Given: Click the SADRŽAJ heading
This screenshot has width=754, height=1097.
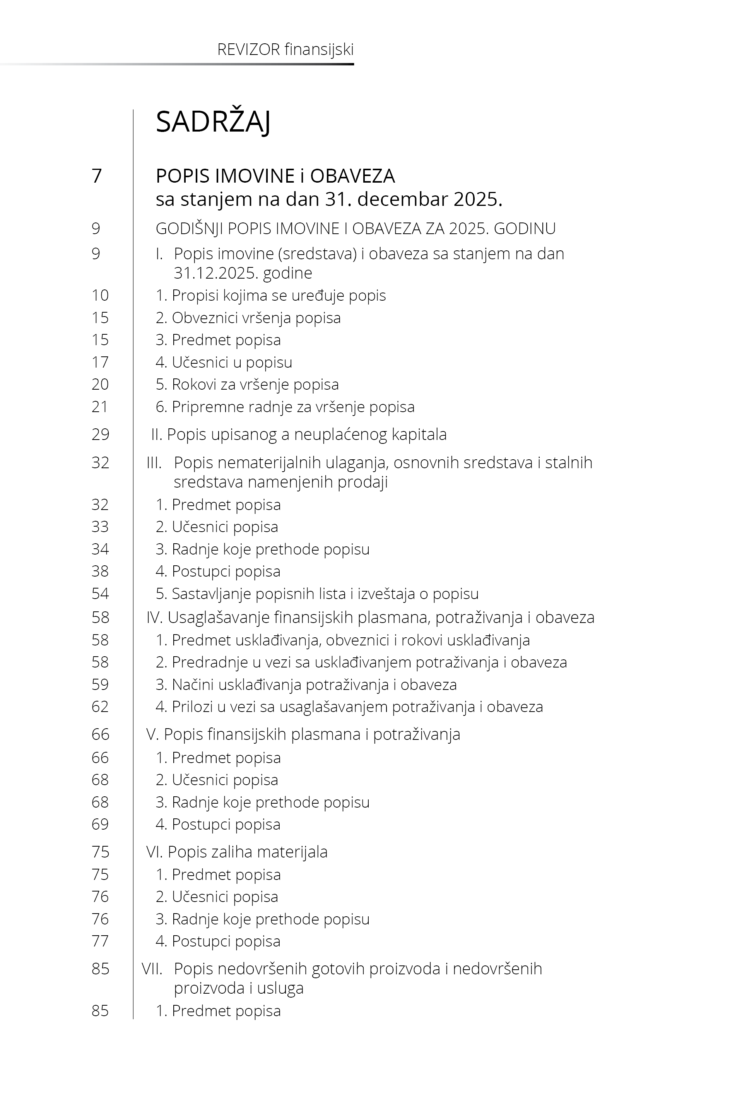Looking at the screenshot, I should [x=213, y=122].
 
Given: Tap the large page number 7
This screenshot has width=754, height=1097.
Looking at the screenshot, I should [x=97, y=176].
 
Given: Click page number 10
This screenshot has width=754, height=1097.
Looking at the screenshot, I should [x=100, y=295].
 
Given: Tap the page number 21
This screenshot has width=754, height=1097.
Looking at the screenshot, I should [x=100, y=407].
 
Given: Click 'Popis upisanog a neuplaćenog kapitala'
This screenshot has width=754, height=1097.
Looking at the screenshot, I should [x=299, y=434].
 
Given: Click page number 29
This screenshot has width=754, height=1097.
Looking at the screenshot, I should [x=100, y=434].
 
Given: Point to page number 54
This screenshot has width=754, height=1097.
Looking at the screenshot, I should [x=100, y=594].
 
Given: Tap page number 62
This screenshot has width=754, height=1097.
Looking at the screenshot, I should [x=100, y=707].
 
